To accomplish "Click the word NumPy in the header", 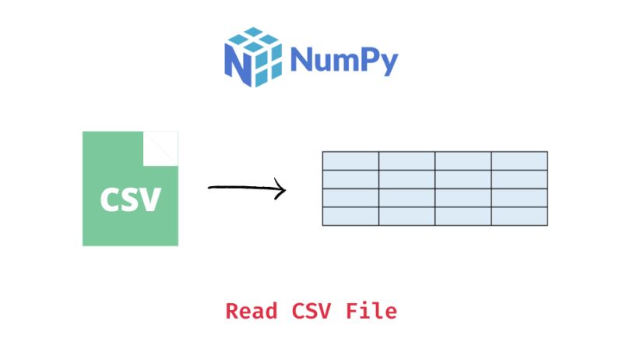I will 343,60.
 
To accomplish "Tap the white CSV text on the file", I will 130,199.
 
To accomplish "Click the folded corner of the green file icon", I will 163,146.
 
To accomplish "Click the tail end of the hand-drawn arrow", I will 210,188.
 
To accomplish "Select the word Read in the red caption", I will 252,311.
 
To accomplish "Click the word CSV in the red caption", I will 313,311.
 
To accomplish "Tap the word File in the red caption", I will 371,311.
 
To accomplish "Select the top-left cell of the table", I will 350,161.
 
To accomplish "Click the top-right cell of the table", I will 519,161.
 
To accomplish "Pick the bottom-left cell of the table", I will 350,217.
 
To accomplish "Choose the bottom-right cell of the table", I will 519,217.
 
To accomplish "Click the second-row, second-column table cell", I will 407,179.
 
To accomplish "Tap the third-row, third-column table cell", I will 463,198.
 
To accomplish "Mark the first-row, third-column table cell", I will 463,161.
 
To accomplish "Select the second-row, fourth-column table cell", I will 519,179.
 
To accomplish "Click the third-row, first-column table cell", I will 350,198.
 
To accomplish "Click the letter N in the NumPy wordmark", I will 301,59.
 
